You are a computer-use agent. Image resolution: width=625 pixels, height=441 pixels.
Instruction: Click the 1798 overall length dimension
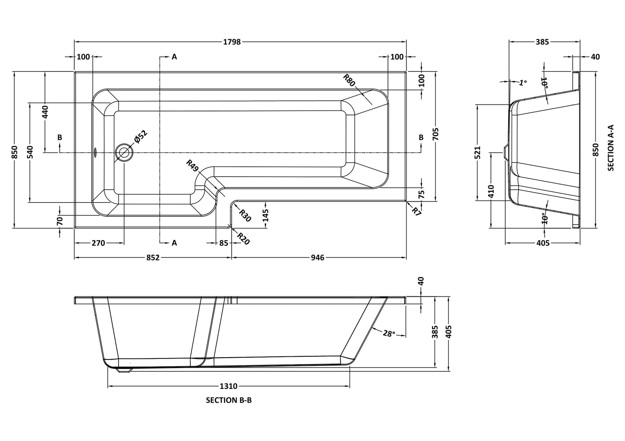coord(231,42)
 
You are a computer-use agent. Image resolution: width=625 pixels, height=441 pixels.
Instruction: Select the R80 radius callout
coord(349,80)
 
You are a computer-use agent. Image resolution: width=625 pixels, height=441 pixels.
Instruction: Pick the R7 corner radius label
coord(416,211)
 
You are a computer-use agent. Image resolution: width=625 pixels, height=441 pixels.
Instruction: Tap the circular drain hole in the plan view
coord(124,152)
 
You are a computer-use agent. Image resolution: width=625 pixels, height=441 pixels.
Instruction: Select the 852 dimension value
coord(153,257)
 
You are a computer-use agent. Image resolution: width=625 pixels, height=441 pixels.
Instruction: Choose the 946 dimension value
coord(317,257)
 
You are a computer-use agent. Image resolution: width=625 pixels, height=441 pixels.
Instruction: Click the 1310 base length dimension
coord(228,386)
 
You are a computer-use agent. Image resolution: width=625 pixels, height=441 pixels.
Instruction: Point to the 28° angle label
coord(388,333)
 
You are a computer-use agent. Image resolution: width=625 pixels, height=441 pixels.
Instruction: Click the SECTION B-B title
coord(228,400)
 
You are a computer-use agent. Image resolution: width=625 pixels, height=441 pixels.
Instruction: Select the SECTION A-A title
coord(611,148)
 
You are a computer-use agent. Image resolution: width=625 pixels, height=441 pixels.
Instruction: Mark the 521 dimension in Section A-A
coord(477,153)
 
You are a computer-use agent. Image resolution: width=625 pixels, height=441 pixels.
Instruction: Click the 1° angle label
coord(523,82)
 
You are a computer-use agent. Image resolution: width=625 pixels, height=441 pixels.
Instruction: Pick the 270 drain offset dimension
coord(99,243)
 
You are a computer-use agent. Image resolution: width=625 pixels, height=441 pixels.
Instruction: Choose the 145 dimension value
coord(266,215)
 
